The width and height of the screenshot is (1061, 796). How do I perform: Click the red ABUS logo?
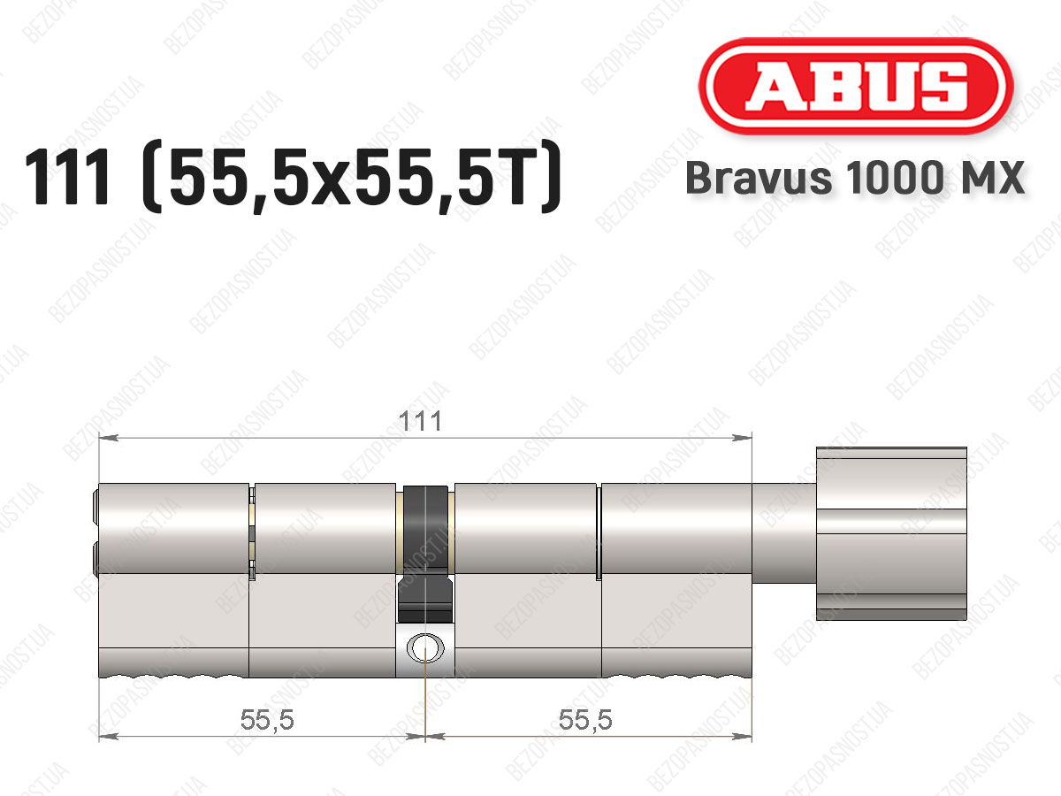pyautogui.click(x=856, y=87)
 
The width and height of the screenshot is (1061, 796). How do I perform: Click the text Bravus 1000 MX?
pyautogui.click(x=855, y=178)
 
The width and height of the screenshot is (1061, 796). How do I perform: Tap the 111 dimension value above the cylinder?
pyautogui.click(x=420, y=422)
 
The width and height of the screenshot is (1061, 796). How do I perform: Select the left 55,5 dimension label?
pyautogui.click(x=267, y=720)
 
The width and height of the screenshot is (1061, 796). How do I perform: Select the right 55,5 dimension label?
pyautogui.click(x=585, y=720)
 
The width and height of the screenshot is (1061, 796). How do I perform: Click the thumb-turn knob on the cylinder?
pyautogui.click(x=891, y=533)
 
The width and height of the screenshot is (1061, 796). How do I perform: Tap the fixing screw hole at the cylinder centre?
pyautogui.click(x=425, y=648)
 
